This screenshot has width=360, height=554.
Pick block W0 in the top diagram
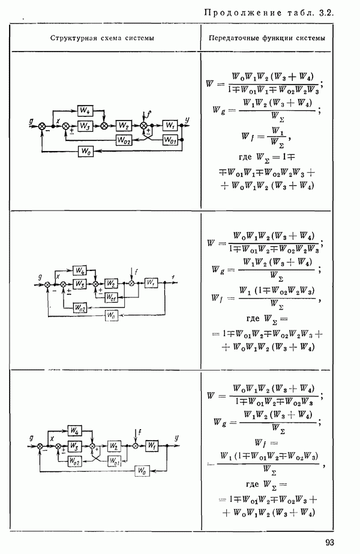pyautogui.click(x=85, y=152)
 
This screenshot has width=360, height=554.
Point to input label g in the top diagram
pyautogui.click(x=30, y=121)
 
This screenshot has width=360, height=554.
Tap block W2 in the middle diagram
pyautogui.click(x=110, y=283)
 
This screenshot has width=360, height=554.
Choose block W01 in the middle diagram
pyautogui.click(x=110, y=297)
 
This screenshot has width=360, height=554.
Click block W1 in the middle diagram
pyautogui.click(x=150, y=283)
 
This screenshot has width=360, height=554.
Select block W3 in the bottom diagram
pyautogui.click(x=74, y=445)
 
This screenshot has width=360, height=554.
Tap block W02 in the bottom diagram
pyautogui.click(x=74, y=460)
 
